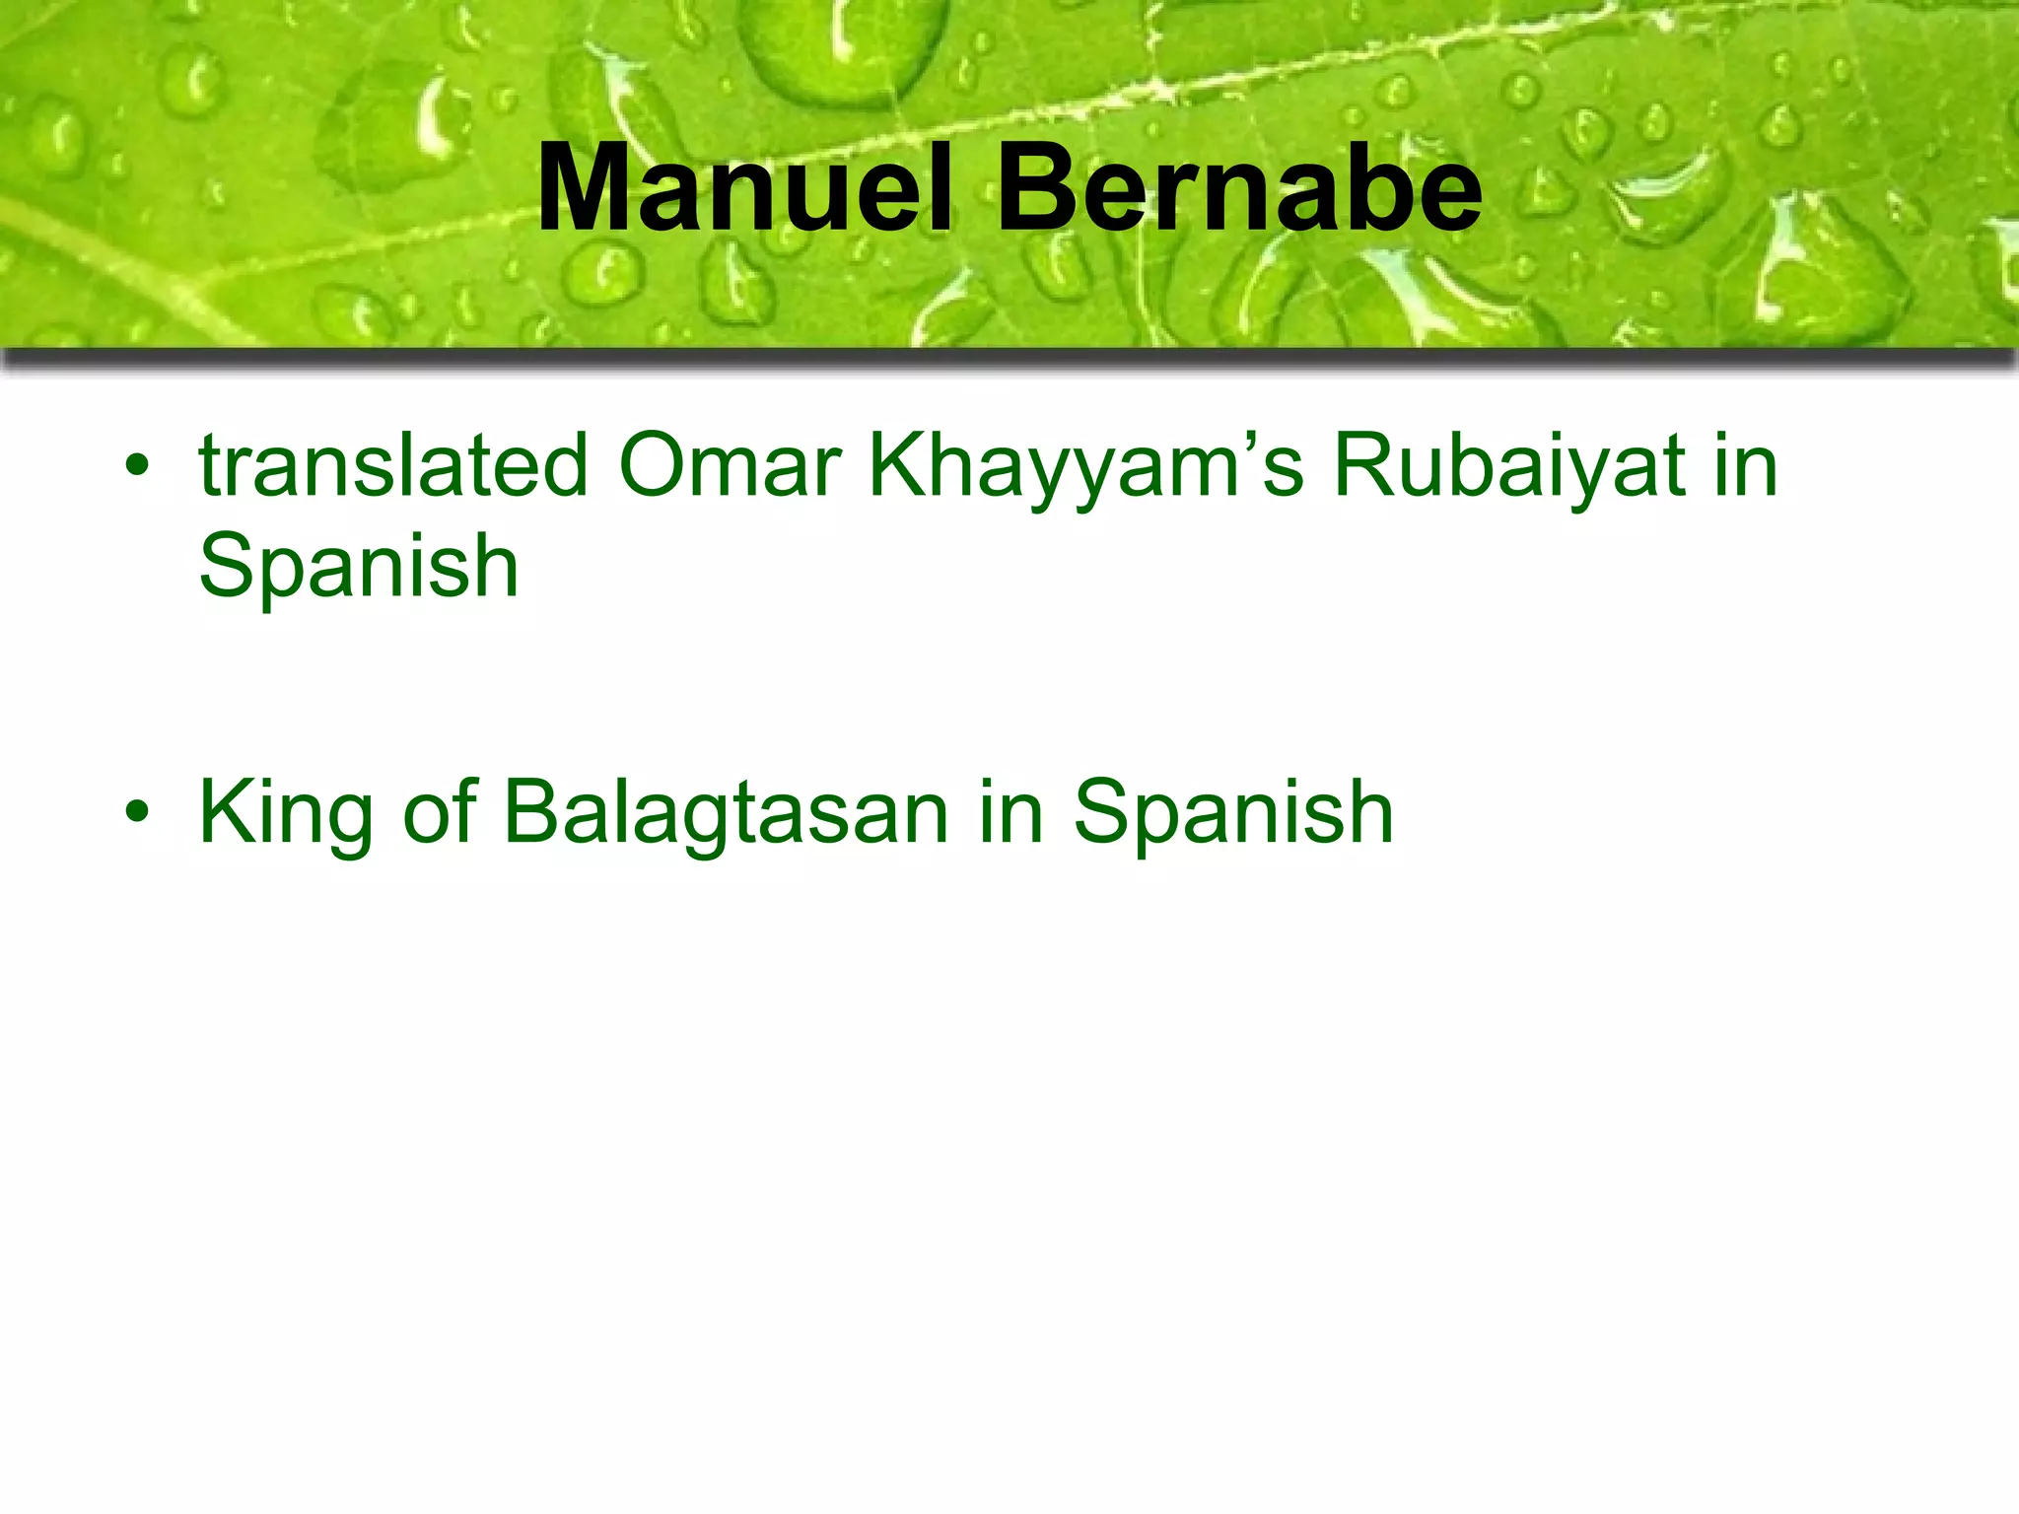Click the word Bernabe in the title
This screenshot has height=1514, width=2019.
[x=1239, y=187]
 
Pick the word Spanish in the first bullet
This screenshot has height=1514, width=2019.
[x=358, y=567]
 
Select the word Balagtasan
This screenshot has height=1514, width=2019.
[x=727, y=812]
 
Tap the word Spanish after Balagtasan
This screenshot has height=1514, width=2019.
[x=1233, y=814]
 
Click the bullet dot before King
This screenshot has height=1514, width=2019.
[x=137, y=812]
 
